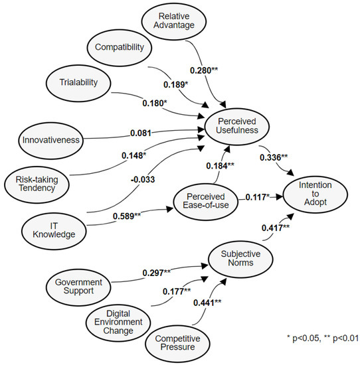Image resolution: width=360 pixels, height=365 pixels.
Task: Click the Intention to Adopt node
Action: [315, 192]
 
